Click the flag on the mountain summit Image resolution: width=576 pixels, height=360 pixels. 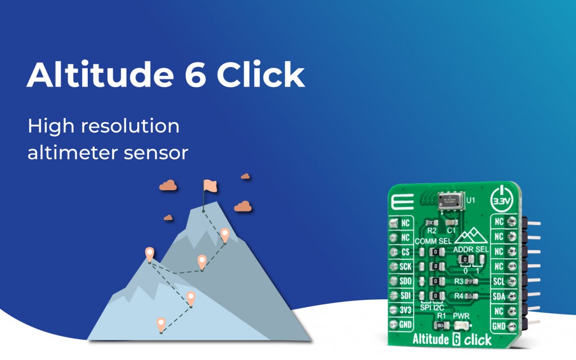[209, 186]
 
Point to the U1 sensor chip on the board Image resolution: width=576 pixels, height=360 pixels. [449, 201]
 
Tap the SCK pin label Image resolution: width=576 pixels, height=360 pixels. [405, 267]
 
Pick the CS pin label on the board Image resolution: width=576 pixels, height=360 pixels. [405, 251]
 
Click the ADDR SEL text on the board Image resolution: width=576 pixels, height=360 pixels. [470, 249]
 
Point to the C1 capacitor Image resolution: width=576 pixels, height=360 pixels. [451, 222]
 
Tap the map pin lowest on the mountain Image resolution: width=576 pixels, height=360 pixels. [161, 324]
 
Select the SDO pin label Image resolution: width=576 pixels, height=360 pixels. [405, 281]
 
